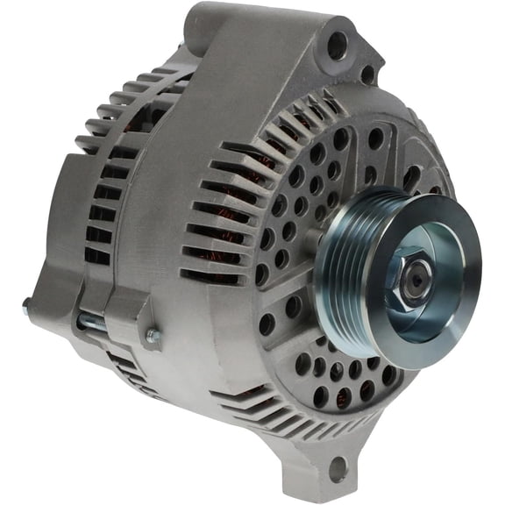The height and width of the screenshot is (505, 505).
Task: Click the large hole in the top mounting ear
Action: tap(338, 46)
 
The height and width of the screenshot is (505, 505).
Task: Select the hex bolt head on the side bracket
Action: tap(153, 334)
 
